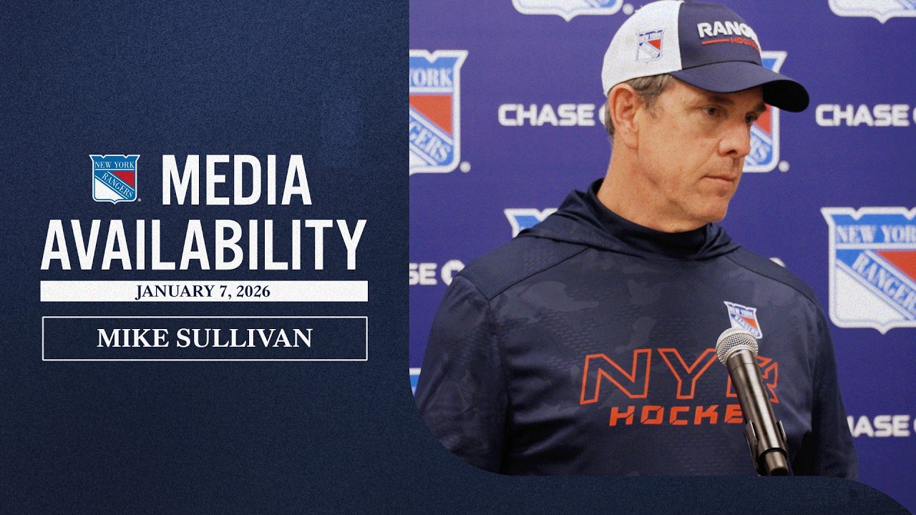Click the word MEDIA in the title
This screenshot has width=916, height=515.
coord(236,180)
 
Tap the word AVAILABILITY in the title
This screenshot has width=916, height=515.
coord(204,245)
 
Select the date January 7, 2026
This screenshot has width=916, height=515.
coord(203,292)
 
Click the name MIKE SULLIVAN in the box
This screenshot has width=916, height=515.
coord(205,338)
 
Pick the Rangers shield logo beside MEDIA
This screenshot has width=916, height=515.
coord(114,179)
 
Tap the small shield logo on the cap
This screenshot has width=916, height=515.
coord(650,44)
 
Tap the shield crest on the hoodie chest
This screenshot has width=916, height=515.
coord(743,318)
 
